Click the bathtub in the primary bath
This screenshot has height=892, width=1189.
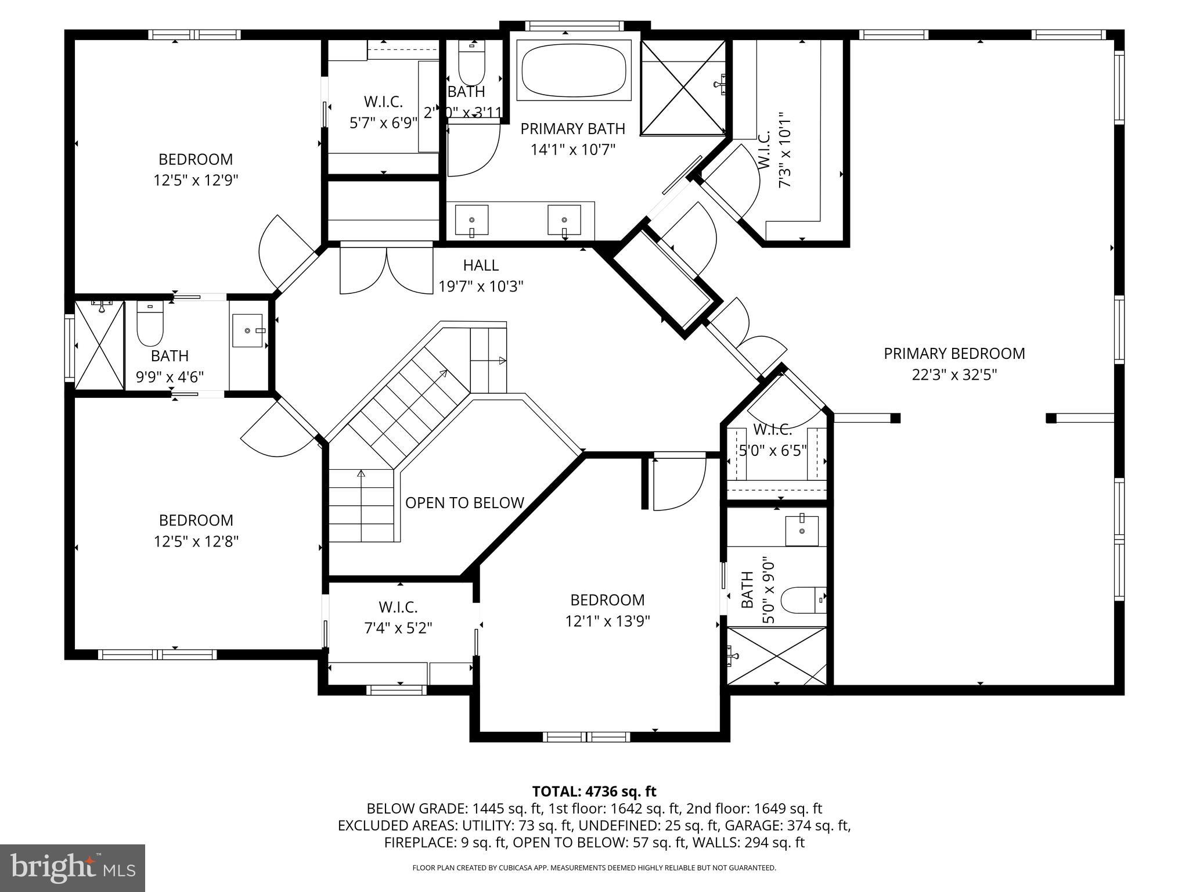574,72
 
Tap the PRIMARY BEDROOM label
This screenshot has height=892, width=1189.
954,353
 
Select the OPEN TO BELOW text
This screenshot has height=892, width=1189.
464,503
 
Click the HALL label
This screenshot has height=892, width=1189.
480,265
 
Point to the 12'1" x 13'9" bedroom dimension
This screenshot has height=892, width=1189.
607,621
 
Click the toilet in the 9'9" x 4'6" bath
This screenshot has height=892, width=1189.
150,328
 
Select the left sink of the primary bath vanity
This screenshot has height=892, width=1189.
471,220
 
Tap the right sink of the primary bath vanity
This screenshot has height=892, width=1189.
564,220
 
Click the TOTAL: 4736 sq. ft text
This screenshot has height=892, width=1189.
594,791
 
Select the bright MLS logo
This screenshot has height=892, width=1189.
73,868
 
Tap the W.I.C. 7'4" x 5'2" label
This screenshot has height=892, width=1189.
398,617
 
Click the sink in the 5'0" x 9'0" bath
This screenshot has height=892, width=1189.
802,530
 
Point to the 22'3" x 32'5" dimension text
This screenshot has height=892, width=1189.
954,375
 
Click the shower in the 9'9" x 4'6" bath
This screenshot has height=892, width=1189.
100,346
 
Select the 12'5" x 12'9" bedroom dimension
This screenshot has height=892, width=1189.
196,180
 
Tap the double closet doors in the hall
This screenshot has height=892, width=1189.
386,271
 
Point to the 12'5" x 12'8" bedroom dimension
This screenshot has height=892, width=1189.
196,541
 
